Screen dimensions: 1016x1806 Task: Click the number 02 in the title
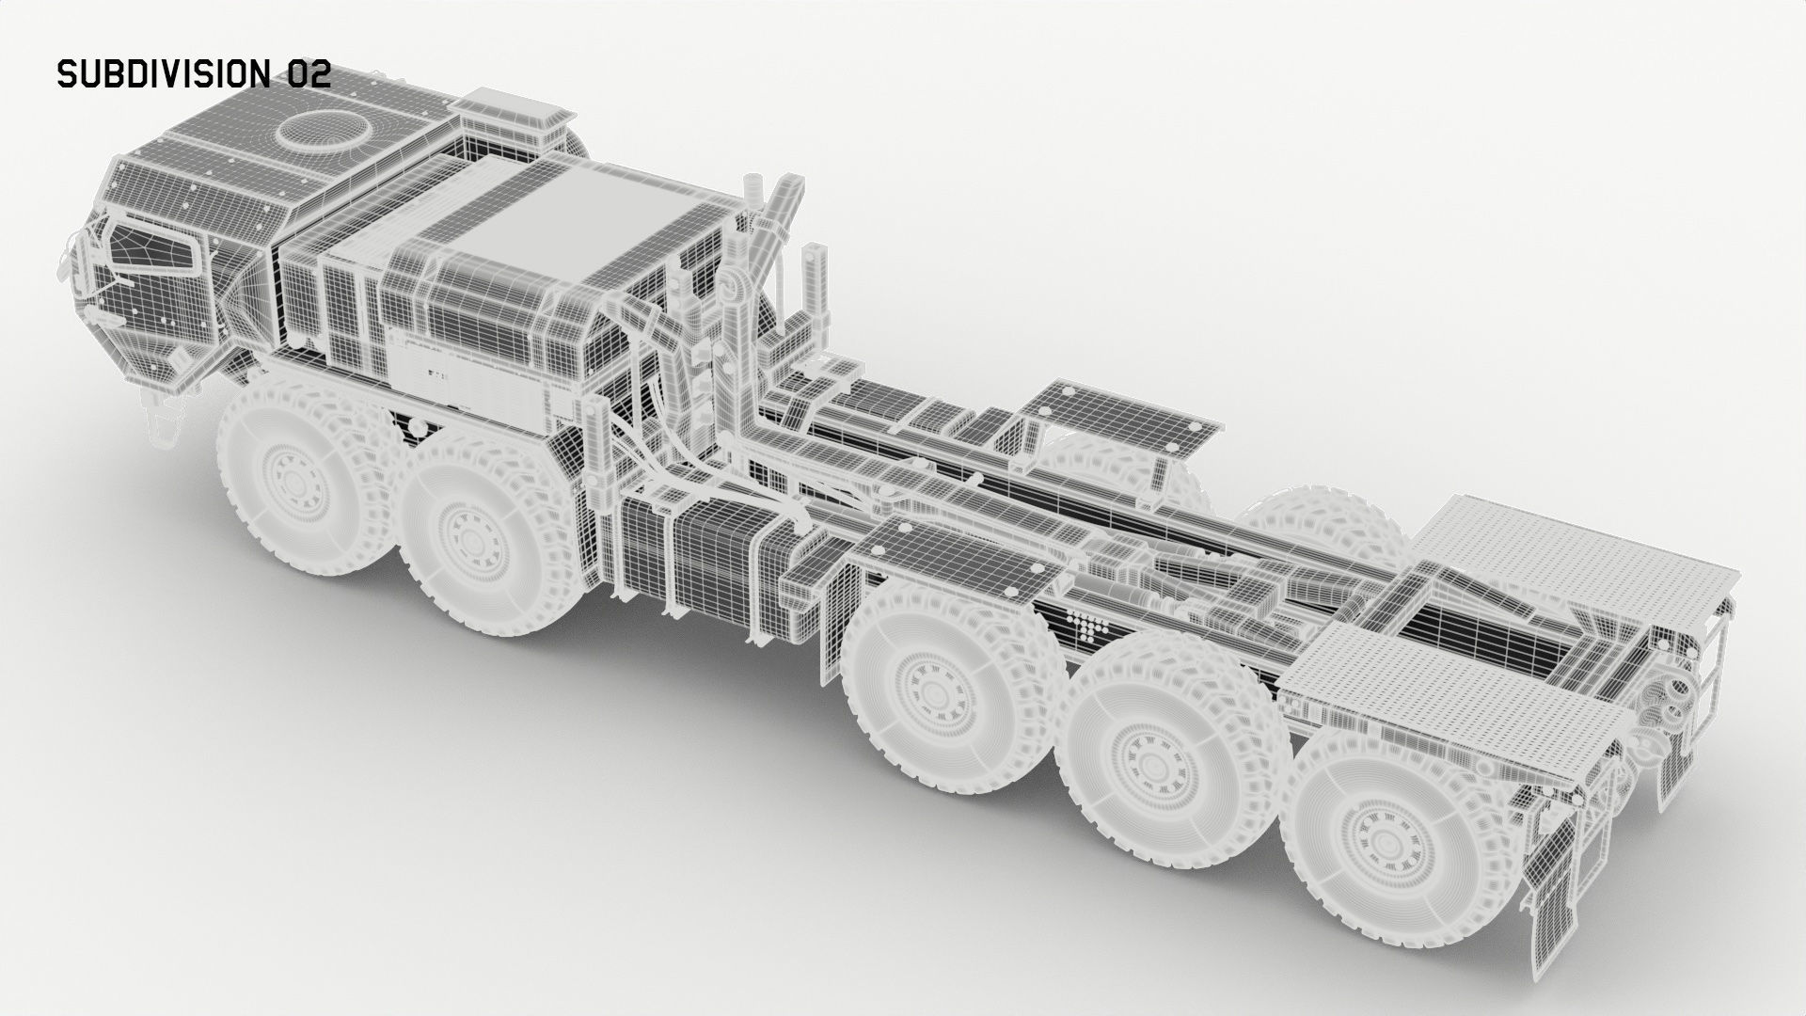[x=309, y=74]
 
